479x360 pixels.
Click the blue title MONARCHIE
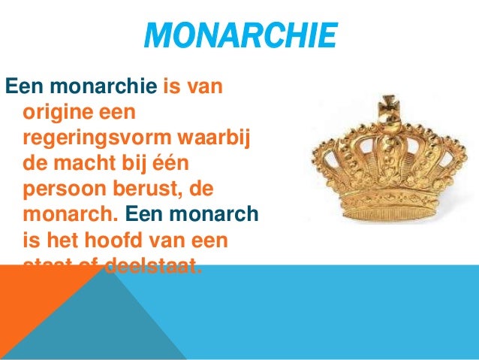[239, 36]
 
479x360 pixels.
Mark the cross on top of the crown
[389, 105]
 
